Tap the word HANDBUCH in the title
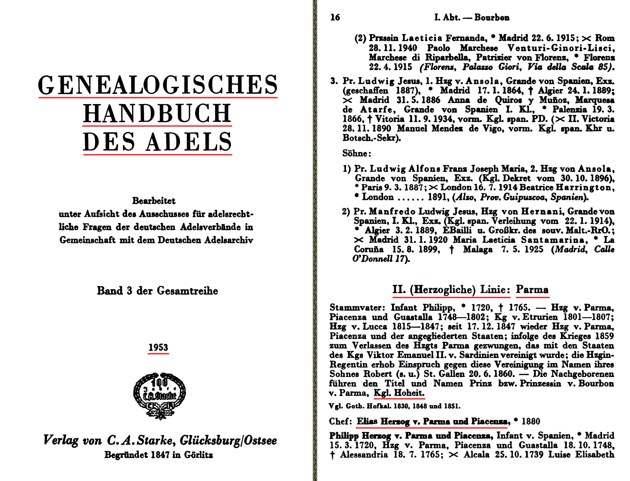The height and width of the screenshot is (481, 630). coord(157,113)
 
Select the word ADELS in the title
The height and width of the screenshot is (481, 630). coord(189,142)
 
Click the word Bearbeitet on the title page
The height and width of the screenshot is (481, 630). coord(154,201)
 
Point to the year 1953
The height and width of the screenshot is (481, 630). coord(158,347)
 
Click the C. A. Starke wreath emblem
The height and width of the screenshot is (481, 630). coord(159,395)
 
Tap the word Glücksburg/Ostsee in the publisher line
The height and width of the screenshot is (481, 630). coord(228,440)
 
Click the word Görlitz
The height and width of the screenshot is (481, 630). coord(198,455)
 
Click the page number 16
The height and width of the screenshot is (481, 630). coord(335,17)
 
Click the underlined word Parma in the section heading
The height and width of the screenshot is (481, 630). coord(532,290)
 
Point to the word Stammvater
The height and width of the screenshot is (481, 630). coord(356,308)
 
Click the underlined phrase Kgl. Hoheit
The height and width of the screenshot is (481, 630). coord(399,393)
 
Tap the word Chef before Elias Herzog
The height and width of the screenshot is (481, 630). coord(340,422)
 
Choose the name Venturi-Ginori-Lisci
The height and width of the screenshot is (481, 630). coord(561,48)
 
